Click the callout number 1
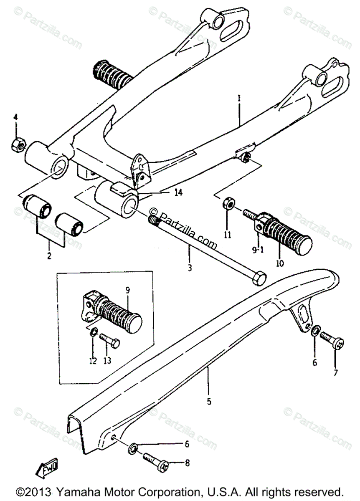tap(239, 99)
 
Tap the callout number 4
tap(15, 116)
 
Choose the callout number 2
tap(49, 256)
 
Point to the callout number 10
tap(279, 263)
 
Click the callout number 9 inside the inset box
tap(127, 288)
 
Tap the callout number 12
tap(92, 360)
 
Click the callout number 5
tap(209, 402)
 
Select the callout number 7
tap(336, 372)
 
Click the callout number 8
tap(186, 462)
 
